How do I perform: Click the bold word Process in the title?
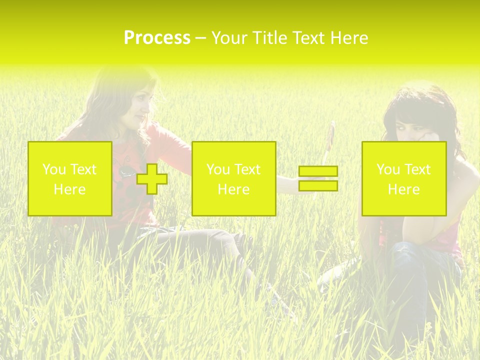click(157, 38)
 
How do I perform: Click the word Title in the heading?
click(270, 38)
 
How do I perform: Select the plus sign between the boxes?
click(152, 179)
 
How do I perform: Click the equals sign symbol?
click(318, 178)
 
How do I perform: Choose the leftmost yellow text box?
click(70, 179)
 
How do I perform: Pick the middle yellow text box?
click(233, 179)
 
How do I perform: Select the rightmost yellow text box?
click(403, 179)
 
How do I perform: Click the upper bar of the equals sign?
click(318, 171)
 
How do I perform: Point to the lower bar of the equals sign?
click(318, 185)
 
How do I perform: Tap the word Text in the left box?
click(83, 169)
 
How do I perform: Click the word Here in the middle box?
click(233, 189)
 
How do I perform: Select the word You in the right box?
click(388, 169)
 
